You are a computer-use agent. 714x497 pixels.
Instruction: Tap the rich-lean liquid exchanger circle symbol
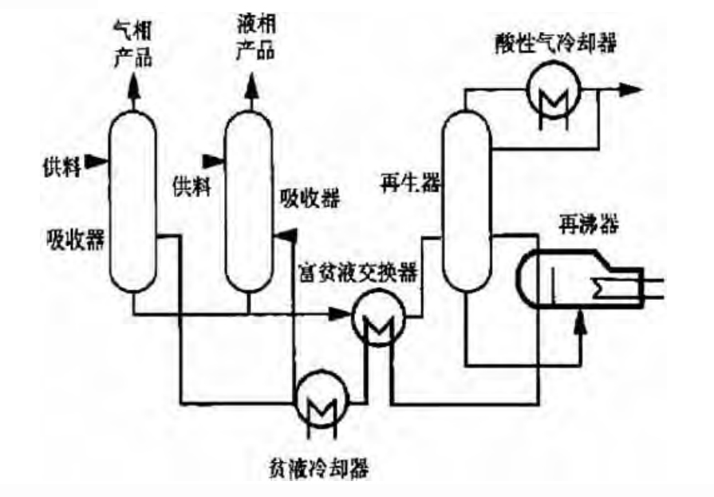(378, 318)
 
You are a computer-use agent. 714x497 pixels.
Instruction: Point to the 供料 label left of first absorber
(61, 168)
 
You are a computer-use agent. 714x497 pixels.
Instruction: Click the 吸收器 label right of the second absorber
(310, 199)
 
